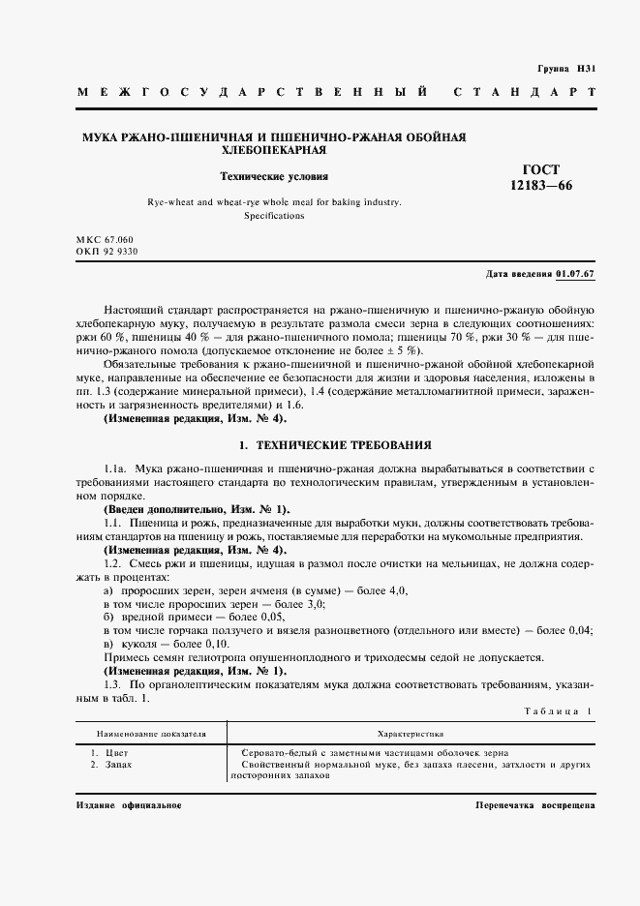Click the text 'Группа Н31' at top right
tap(564, 70)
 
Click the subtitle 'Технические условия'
tap(274, 177)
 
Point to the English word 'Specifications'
tap(274, 216)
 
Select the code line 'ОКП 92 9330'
tap(107, 252)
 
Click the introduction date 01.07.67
tap(575, 275)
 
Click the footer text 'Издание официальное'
tap(127, 805)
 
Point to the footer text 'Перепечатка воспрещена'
tap(535, 805)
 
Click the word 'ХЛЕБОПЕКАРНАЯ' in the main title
tap(274, 151)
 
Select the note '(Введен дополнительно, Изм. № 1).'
tap(196, 509)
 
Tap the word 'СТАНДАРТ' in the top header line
tap(524, 92)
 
